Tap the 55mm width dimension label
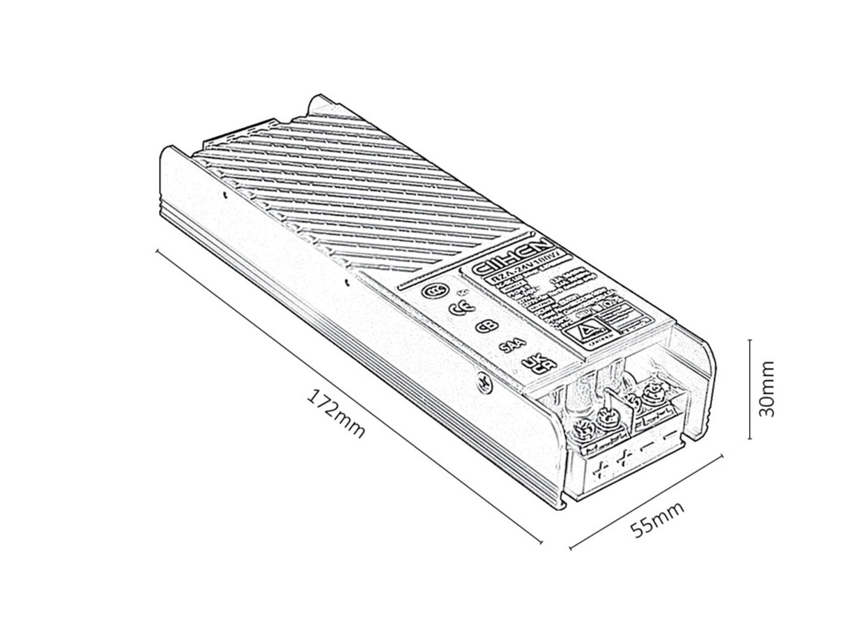click(x=657, y=518)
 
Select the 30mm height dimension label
click(x=767, y=388)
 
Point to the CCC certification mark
click(x=436, y=291)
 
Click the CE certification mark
click(x=458, y=310)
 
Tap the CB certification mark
click(x=482, y=327)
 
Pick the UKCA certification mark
click(x=533, y=365)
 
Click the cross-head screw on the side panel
click(x=482, y=381)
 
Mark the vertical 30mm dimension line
click(x=749, y=388)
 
